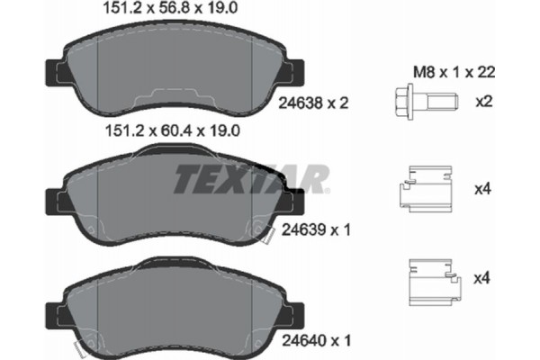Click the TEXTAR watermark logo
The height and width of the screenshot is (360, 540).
click(249, 179)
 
